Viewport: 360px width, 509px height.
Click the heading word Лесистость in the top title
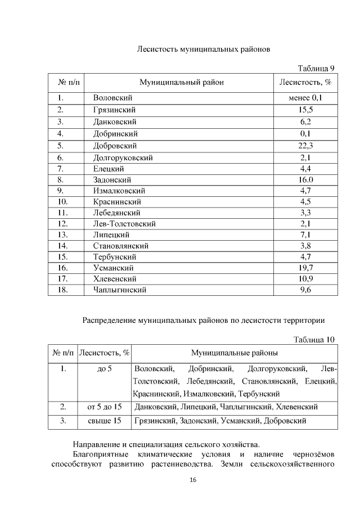coord(157,49)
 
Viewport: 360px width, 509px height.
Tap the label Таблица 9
coord(317,69)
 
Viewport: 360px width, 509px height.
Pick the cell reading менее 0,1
coord(305,98)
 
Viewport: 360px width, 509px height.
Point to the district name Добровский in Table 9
coord(115,146)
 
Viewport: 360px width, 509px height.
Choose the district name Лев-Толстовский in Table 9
coord(124,223)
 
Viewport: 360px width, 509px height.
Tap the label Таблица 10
coord(314,339)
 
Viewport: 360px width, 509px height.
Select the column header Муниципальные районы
coord(234,353)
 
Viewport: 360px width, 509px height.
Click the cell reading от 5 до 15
coord(105,406)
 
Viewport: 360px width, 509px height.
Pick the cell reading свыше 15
coord(105,420)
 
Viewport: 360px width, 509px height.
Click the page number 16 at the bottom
coord(193,480)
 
